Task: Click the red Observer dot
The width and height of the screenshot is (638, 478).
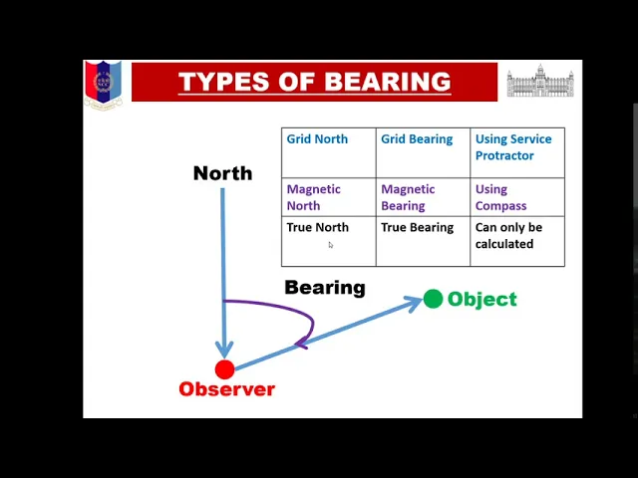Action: [x=224, y=369]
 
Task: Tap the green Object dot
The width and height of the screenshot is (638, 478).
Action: [x=433, y=299]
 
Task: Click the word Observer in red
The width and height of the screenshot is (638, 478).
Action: [x=227, y=389]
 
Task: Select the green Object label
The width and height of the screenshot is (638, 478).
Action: [x=482, y=300]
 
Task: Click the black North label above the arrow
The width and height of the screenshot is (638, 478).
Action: [x=222, y=173]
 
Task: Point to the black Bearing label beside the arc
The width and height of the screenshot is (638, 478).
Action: [x=325, y=288]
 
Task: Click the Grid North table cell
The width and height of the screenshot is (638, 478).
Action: [x=329, y=152]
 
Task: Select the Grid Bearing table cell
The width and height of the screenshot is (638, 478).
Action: [x=423, y=152]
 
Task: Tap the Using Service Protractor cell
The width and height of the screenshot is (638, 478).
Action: [x=517, y=152]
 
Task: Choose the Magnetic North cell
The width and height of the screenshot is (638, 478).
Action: [x=329, y=197]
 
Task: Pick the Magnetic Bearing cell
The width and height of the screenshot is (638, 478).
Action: [x=423, y=197]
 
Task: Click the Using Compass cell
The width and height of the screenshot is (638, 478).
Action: [x=517, y=197]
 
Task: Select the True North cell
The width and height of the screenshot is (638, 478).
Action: [x=329, y=241]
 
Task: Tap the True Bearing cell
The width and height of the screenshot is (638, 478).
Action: [x=423, y=241]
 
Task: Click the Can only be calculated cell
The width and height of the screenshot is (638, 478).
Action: [x=517, y=241]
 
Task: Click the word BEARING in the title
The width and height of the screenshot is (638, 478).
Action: [x=388, y=82]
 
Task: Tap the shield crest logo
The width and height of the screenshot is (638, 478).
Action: [x=104, y=85]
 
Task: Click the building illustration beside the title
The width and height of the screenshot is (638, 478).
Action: [x=540, y=81]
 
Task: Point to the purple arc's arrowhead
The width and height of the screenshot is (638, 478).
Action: [x=301, y=344]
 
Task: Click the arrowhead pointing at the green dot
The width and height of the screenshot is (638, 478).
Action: [x=414, y=303]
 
